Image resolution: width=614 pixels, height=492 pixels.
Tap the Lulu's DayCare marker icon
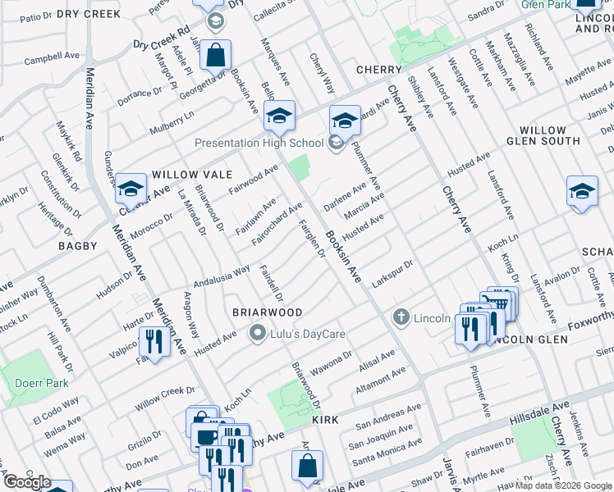point(257,333)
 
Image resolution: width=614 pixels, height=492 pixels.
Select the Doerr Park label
point(30,383)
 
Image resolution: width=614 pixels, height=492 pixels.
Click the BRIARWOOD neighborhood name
point(268,312)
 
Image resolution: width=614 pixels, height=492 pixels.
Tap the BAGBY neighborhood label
point(77,245)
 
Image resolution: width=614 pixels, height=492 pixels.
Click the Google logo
point(26,482)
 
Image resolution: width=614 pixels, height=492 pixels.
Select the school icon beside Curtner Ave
point(130,190)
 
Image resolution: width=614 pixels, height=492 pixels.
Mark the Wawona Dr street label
point(336,363)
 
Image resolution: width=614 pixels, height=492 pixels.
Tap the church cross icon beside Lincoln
point(401,317)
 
